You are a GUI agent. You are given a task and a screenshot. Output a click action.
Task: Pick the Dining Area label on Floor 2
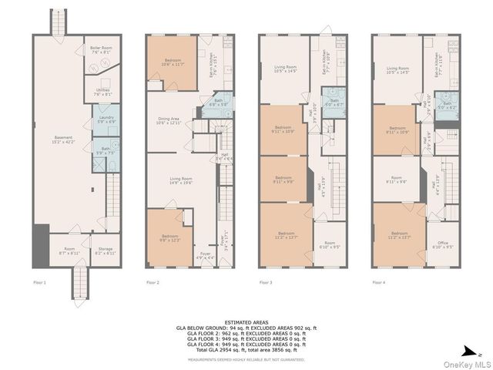pyautogui.click(x=169, y=120)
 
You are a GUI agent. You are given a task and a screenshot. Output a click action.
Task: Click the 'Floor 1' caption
pyautogui.click(x=39, y=283)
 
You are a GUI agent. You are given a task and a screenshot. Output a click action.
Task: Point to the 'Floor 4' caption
pyautogui.click(x=379, y=283)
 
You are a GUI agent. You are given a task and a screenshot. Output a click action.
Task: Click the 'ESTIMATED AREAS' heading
pyautogui.click(x=246, y=322)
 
